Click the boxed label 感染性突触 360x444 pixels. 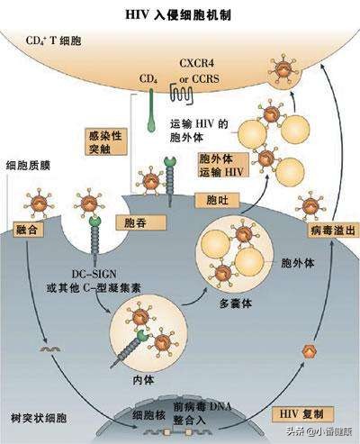[x=102, y=140]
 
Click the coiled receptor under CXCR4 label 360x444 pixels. [x=184, y=92]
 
